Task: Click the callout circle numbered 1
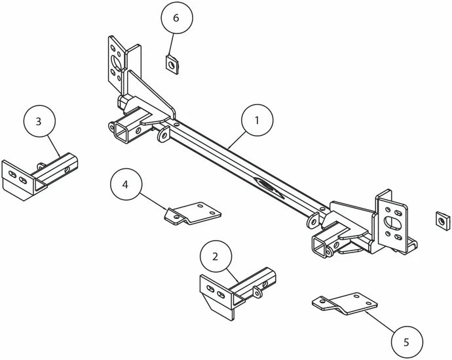(257, 120)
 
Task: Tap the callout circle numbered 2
(216, 256)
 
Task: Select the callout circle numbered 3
(39, 121)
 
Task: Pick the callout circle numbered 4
(126, 184)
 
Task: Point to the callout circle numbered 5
(407, 342)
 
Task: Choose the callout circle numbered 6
(177, 18)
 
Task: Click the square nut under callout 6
(172, 65)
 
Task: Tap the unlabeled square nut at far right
(443, 221)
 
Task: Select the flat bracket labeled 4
(193, 213)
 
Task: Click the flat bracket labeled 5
(345, 304)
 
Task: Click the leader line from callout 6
(171, 44)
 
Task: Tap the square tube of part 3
(56, 170)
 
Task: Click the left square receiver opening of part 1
(121, 132)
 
